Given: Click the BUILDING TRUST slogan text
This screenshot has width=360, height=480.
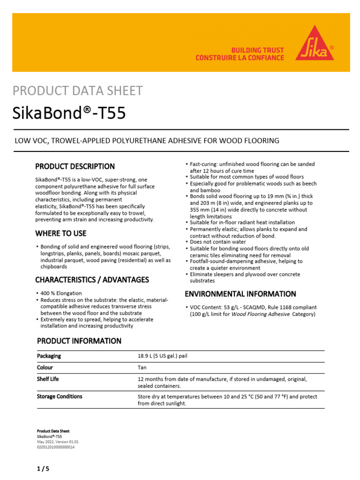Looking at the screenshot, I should pyautogui.click(x=258, y=50).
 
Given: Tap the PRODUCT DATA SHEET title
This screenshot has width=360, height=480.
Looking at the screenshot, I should pyautogui.click(x=77, y=91).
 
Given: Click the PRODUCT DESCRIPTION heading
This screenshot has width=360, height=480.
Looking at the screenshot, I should pyautogui.click(x=75, y=166).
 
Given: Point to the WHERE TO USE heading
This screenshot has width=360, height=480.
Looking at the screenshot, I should pyautogui.click(x=61, y=233).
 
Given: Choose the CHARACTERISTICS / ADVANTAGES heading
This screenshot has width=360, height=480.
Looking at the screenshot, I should pyautogui.click(x=92, y=280).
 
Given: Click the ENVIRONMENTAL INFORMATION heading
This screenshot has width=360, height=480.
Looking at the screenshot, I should pyautogui.click(x=240, y=294).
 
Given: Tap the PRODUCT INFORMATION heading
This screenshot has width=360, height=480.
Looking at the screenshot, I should pyautogui.click(x=79, y=341).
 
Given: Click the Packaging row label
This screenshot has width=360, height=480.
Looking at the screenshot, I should pyautogui.click(x=49, y=356).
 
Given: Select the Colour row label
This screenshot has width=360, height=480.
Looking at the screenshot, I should pyautogui.click(x=45, y=368).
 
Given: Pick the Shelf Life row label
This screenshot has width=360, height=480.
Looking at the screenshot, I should pyautogui.click(x=48, y=379).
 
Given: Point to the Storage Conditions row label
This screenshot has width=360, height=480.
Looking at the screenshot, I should pyautogui.click(x=60, y=397).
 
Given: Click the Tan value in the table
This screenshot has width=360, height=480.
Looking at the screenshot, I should pyautogui.click(x=142, y=368).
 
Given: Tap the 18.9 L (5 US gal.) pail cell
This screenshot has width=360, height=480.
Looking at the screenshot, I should pyautogui.click(x=163, y=356).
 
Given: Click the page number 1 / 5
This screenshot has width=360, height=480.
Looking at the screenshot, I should pyautogui.click(x=43, y=468).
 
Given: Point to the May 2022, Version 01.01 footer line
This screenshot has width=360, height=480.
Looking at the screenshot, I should pyautogui.click(x=58, y=442).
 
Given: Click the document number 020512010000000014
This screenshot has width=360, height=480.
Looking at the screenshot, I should pyautogui.click(x=56, y=447).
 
